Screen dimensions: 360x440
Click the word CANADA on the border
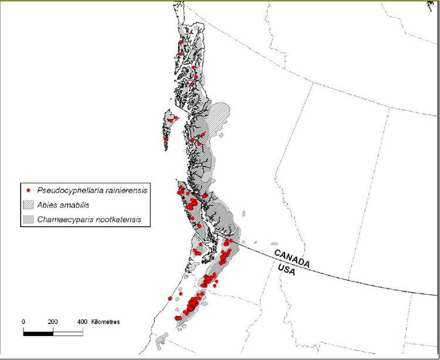292,258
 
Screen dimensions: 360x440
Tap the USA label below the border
289,271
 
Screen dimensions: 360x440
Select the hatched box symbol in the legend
29,205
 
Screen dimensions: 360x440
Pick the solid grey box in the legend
29,220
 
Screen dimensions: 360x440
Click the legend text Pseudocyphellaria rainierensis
91,190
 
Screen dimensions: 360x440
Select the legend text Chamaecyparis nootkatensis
86,220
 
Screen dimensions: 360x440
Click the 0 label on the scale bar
23,322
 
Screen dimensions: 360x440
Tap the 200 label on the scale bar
53,322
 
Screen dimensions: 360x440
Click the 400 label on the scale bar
82,322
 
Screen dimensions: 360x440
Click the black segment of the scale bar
38,332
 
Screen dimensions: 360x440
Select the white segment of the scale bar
67,332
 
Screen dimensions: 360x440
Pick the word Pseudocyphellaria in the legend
66,190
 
